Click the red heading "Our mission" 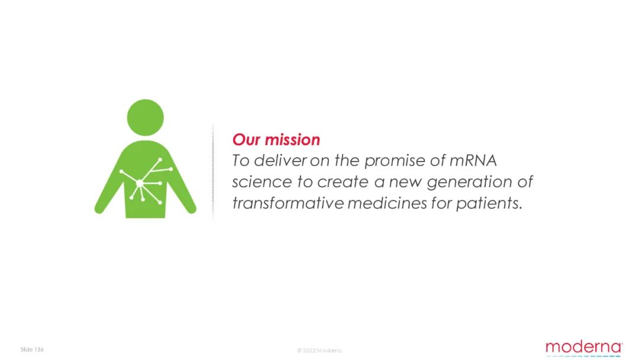(x=276, y=139)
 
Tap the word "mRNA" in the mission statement (x=473, y=160)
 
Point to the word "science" (x=262, y=182)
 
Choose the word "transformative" (x=288, y=202)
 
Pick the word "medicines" (x=387, y=202)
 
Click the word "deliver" (x=280, y=160)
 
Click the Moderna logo (x=583, y=348)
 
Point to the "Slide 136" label (x=32, y=349)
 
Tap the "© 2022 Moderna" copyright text (x=319, y=350)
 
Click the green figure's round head (x=146, y=117)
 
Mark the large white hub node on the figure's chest (x=140, y=184)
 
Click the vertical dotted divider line (x=213, y=171)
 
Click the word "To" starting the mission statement (x=240, y=160)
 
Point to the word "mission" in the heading (x=292, y=139)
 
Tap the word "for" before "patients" (x=441, y=202)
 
